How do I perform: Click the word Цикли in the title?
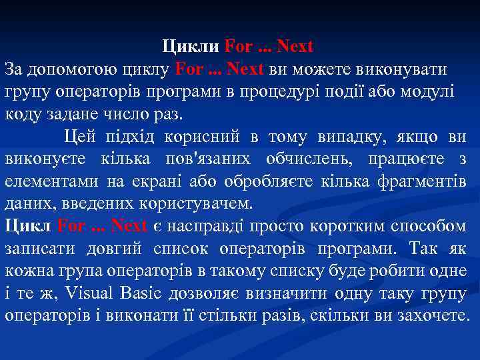click(x=191, y=47)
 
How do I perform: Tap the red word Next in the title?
click(x=295, y=47)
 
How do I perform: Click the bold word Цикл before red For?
click(x=28, y=226)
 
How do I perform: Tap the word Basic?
click(x=141, y=293)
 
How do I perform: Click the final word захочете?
click(x=430, y=315)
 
